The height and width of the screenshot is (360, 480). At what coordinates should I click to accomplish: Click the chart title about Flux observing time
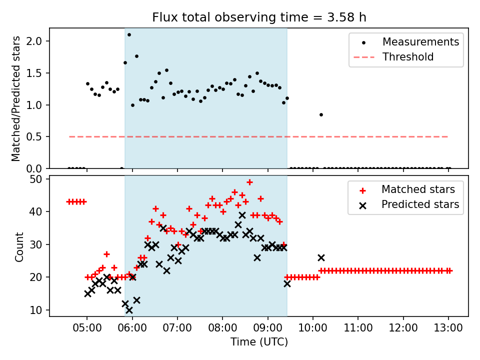coord(259,17)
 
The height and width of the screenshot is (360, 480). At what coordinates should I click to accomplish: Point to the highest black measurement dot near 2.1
coord(129,34)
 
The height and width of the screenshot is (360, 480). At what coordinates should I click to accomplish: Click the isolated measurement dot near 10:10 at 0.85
coord(321,114)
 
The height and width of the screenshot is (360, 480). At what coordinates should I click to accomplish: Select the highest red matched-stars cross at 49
coord(249,182)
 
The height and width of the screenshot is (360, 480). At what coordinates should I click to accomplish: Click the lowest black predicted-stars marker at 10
coord(129,310)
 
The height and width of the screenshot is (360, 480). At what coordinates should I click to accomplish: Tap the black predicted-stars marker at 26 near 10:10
coord(321,257)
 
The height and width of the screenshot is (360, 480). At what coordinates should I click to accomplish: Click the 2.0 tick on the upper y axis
coord(38,41)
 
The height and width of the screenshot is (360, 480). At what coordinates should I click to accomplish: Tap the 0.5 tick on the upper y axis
coord(38,136)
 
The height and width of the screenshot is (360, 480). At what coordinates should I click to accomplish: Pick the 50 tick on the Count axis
coord(39,179)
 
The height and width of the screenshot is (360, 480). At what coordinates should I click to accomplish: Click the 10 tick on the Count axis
coord(39,310)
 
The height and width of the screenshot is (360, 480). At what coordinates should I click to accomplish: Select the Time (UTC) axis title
coord(259,342)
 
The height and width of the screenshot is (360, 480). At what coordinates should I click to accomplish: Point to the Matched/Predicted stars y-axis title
coord(16,98)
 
